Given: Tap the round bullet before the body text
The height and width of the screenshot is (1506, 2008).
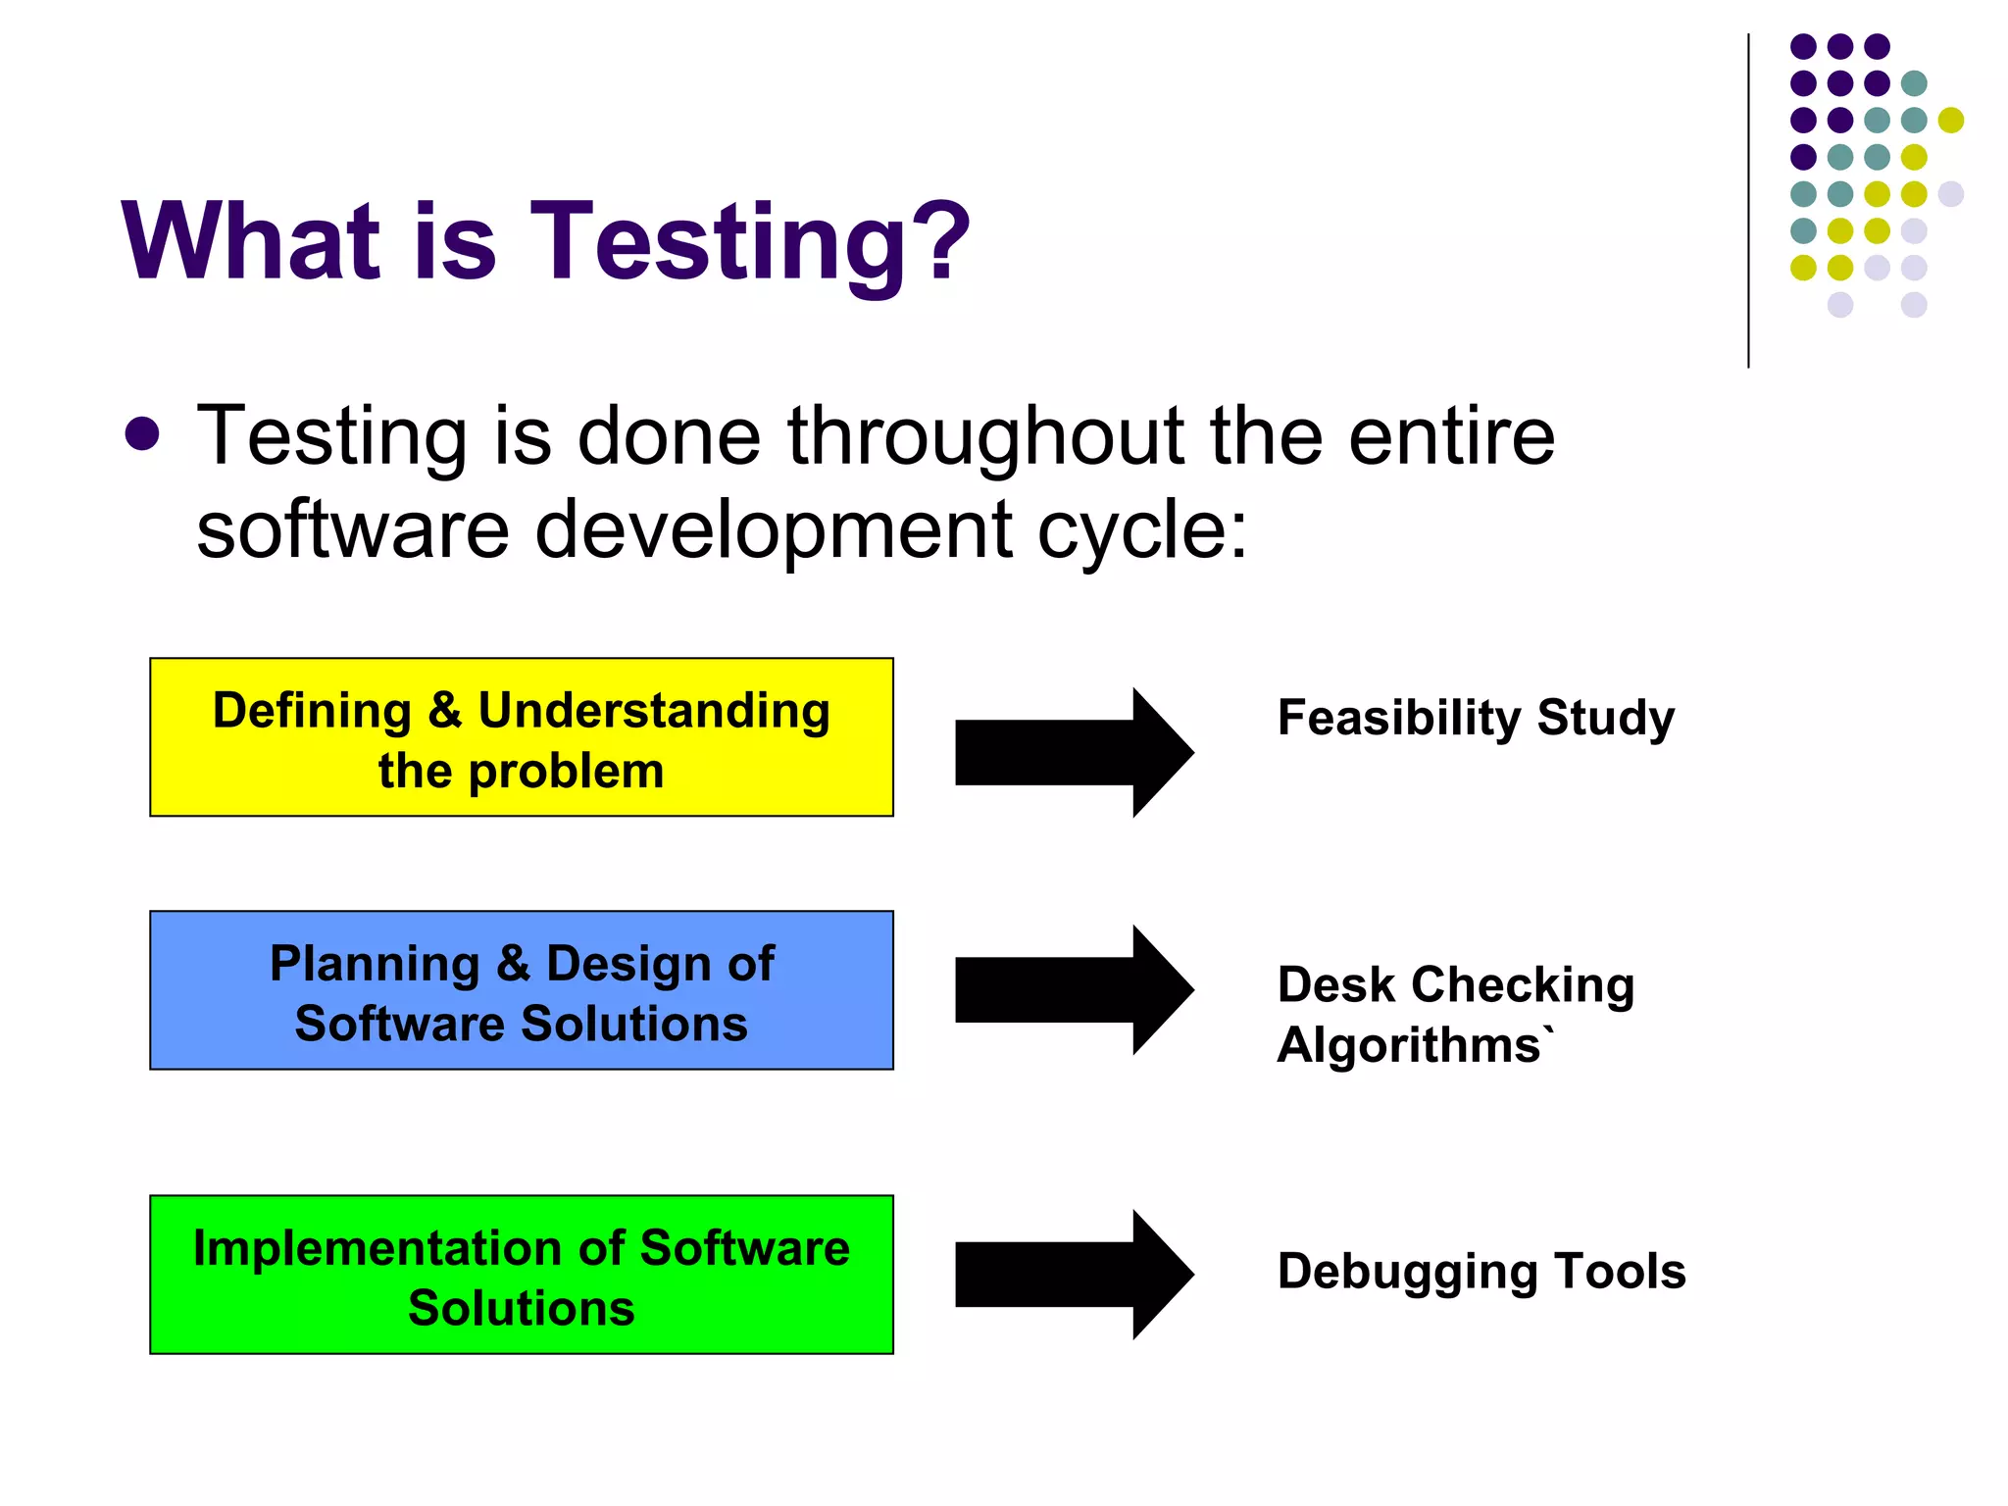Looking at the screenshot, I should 143,434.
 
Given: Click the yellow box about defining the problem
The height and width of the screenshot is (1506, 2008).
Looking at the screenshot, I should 521,737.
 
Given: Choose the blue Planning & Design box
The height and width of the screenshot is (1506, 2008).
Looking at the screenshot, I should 521,990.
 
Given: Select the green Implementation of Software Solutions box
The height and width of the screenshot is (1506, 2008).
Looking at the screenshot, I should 521,1275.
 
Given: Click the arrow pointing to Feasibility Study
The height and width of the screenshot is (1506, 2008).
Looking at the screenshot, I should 1074,752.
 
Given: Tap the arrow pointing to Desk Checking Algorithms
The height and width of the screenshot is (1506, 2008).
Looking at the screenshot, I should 1074,989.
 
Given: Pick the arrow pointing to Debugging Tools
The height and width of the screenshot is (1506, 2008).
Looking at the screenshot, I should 1074,1274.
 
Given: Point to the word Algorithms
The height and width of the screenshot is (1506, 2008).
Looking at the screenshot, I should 1410,1045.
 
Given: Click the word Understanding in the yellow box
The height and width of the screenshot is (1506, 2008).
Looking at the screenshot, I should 654,712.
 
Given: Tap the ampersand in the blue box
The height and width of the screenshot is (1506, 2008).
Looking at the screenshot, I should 513,963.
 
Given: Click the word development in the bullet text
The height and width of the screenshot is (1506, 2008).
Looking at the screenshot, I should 775,530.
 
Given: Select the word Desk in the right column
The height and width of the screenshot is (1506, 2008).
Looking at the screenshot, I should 1335,984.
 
